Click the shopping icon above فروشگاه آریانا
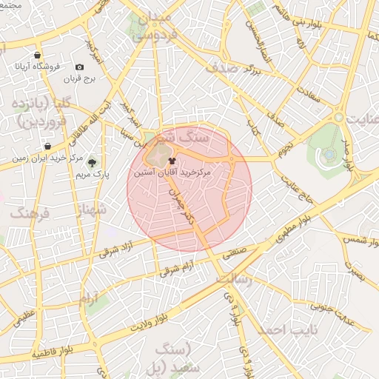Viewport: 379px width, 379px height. pos(37,55)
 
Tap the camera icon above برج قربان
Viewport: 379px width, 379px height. pos(80,67)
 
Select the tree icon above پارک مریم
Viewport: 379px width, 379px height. pos(93,163)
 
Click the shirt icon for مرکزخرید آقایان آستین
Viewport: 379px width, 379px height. pos(172,159)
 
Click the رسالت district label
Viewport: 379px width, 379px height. pos(234,280)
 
